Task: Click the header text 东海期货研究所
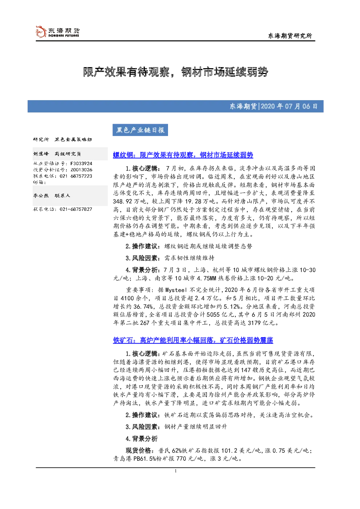pos(290,36)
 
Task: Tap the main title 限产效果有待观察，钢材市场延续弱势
pos(175,72)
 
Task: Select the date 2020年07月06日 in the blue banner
pos(289,106)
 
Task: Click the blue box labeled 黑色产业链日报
pos(140,130)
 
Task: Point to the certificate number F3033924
pos(81,163)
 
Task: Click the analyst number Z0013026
pos(81,170)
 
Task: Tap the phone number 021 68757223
pos(76,176)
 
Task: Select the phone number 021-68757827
pos(76,209)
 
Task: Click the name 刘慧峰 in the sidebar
pos(41,154)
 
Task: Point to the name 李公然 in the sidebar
pos(41,196)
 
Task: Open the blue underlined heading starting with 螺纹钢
pos(183,155)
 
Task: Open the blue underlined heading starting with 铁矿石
pos(193,340)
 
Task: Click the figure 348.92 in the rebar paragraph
pos(123,201)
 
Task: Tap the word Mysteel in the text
pos(176,290)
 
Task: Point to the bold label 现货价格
pos(138,451)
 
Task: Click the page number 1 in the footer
pos(175,471)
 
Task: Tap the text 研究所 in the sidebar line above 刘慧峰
pos(41,140)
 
